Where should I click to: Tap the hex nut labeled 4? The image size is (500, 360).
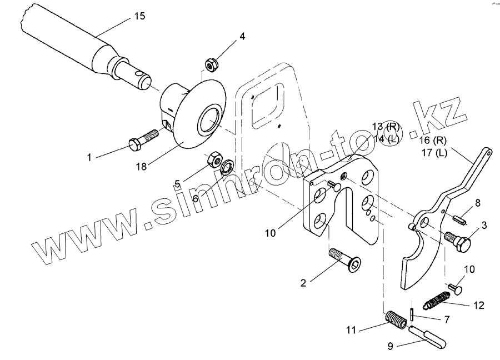pyautogui.click(x=211, y=64)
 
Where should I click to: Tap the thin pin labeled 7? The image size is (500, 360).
pyautogui.click(x=411, y=314)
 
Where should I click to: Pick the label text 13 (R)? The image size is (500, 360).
pyautogui.click(x=385, y=127)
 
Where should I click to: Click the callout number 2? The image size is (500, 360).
pyautogui.click(x=303, y=283)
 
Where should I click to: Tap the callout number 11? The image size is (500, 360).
pyautogui.click(x=351, y=331)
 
